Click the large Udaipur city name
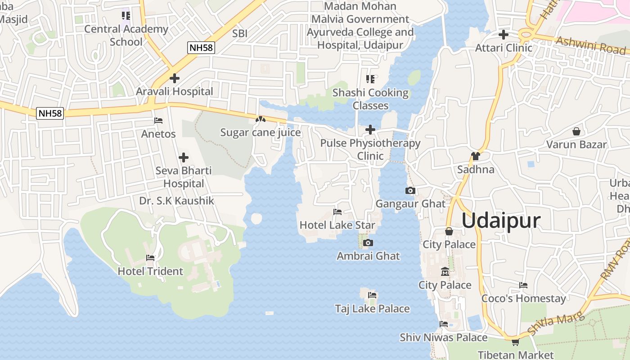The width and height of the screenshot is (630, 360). [x=501, y=221]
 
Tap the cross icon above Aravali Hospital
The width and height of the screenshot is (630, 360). [x=175, y=78]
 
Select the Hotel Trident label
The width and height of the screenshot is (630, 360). [x=150, y=271]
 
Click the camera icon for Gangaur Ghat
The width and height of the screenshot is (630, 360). [x=410, y=191]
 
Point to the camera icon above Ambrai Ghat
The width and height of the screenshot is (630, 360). [x=368, y=243]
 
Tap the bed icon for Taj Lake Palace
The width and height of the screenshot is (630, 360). [x=372, y=295]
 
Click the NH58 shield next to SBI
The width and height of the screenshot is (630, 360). [x=201, y=48]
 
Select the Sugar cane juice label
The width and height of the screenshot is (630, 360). [x=260, y=133]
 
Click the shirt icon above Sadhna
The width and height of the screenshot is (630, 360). [x=476, y=156]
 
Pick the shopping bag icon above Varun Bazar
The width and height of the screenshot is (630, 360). [x=576, y=131]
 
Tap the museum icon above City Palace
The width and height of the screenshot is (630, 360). [x=445, y=272]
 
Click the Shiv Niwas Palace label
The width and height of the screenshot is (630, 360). [x=444, y=337]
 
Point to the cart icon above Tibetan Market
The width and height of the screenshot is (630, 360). [x=515, y=342]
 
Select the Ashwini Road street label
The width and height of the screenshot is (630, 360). [x=590, y=45]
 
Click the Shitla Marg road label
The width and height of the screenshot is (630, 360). [x=555, y=324]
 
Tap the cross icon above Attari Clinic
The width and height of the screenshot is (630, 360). [x=504, y=35]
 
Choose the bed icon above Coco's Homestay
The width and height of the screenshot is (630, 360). [x=523, y=285]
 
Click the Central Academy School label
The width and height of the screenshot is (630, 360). [x=126, y=36]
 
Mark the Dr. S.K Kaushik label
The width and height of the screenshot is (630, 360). [x=176, y=201]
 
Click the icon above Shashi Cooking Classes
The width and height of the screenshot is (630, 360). [x=370, y=80]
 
